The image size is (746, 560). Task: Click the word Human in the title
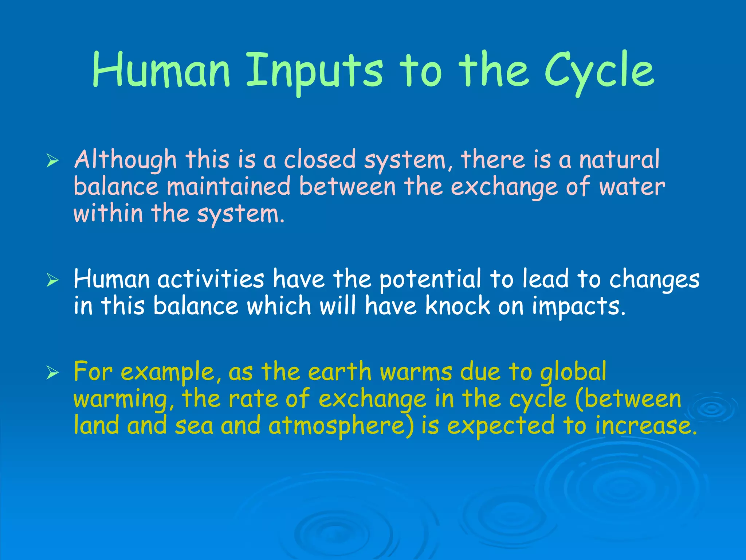pyautogui.click(x=161, y=70)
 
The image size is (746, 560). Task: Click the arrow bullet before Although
pyautogui.click(x=52, y=161)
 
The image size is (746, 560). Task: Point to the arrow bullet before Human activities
pyautogui.click(x=52, y=280)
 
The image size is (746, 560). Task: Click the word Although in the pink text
pyautogui.click(x=125, y=160)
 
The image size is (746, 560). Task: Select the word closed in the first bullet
pyautogui.click(x=319, y=160)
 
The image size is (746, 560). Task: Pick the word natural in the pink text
pyautogui.click(x=619, y=160)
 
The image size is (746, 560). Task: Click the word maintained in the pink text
pyautogui.click(x=228, y=187)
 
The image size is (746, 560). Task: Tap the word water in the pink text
pyautogui.click(x=632, y=187)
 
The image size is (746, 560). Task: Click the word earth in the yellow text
pyautogui.click(x=339, y=372)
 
